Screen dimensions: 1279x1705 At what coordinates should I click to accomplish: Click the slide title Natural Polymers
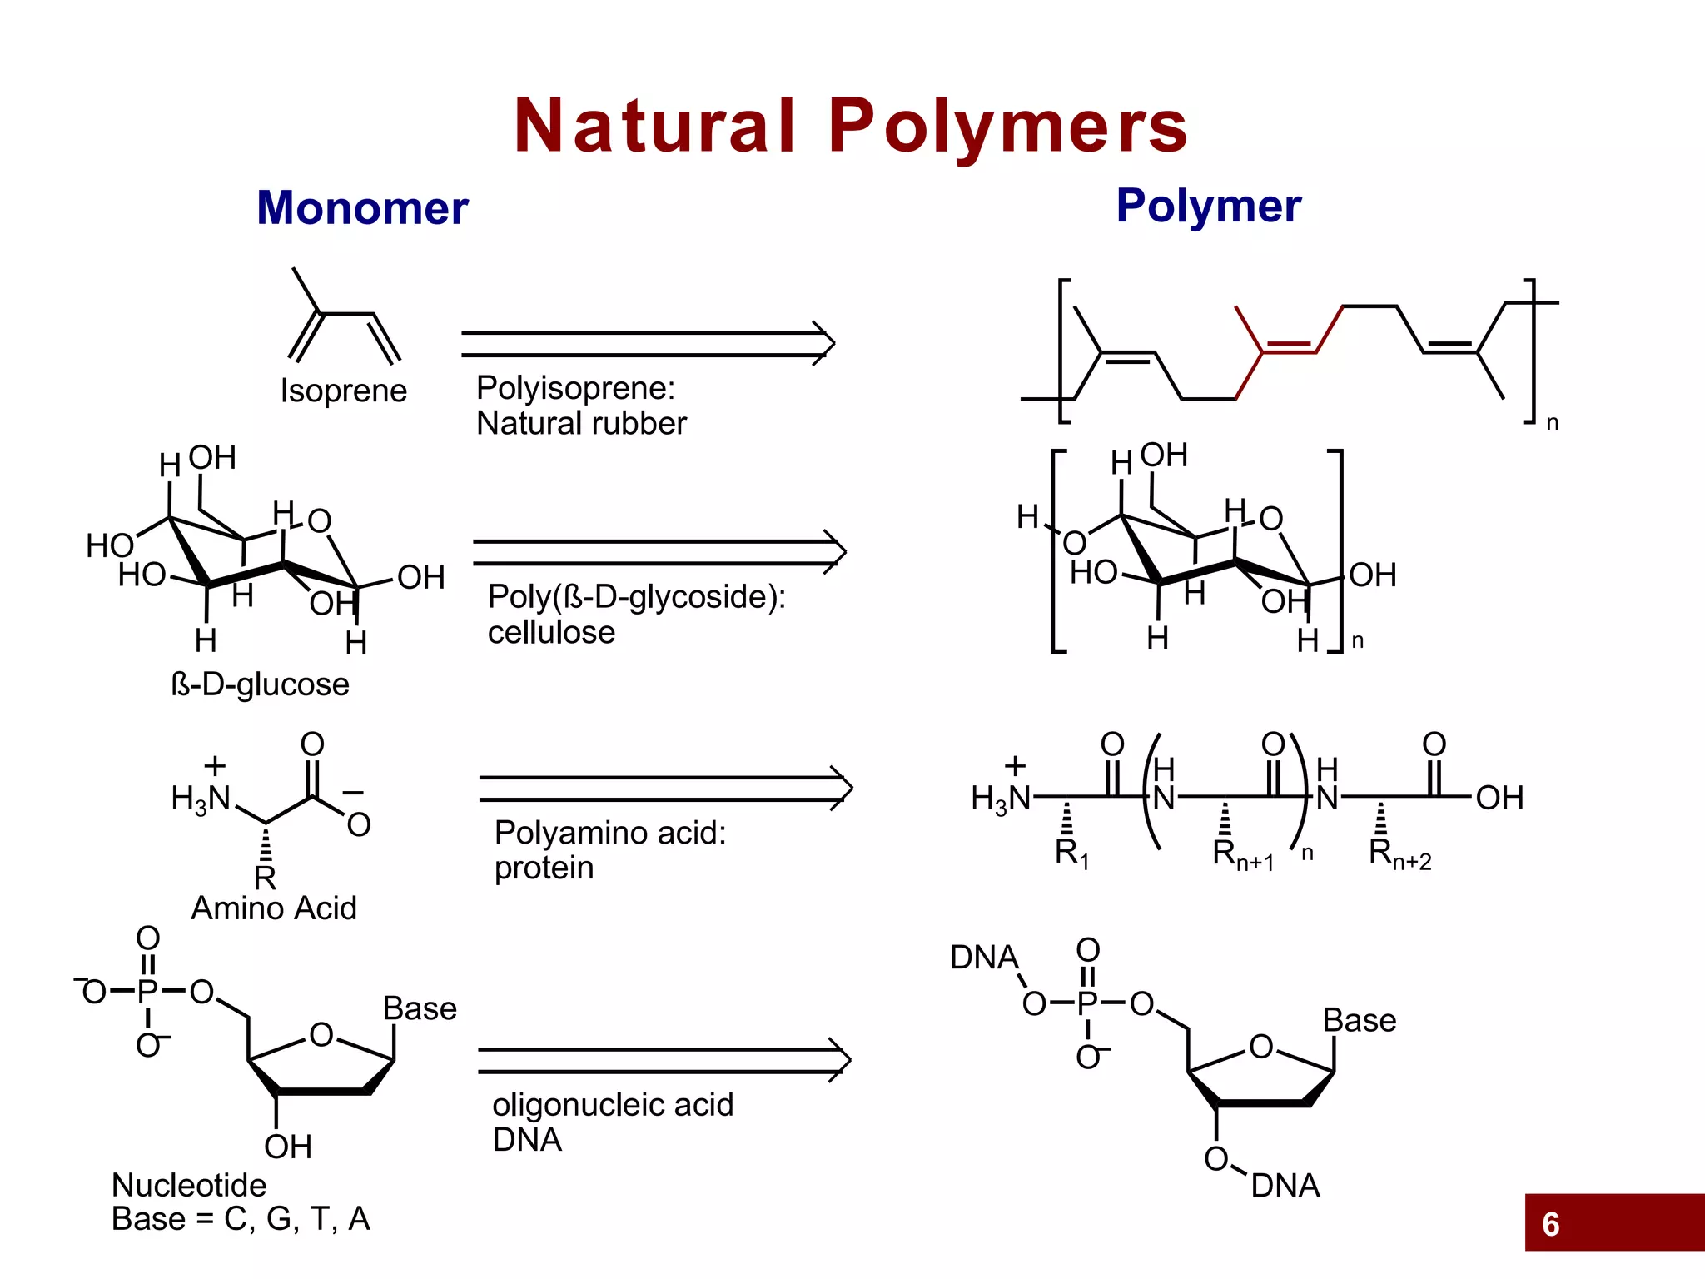851,126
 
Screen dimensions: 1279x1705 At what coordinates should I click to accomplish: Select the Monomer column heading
362,207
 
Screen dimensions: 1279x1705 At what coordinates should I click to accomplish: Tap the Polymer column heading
1208,205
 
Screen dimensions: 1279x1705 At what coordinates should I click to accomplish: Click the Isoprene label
343,391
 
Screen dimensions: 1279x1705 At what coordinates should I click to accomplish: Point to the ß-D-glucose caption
260,684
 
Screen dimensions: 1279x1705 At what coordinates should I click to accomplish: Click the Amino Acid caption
274,908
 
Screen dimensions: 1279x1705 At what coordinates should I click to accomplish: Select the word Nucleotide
189,1184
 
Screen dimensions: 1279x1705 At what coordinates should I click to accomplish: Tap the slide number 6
1550,1224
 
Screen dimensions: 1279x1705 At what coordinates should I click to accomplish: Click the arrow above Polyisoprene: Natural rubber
648,343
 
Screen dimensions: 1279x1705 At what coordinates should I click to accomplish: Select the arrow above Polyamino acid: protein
665,788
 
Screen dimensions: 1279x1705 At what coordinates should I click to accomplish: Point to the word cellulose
551,633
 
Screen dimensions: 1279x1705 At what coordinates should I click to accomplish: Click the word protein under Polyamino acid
544,868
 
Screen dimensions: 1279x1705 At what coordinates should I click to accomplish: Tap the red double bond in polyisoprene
1288,348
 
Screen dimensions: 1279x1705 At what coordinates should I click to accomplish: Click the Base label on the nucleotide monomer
420,1008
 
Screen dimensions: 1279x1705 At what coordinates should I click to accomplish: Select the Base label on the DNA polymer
1359,1020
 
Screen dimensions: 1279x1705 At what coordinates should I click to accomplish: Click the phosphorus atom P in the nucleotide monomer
147,991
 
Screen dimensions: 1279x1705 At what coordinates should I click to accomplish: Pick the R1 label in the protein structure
1071,853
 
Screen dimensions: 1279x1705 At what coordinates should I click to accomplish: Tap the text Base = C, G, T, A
241,1218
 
